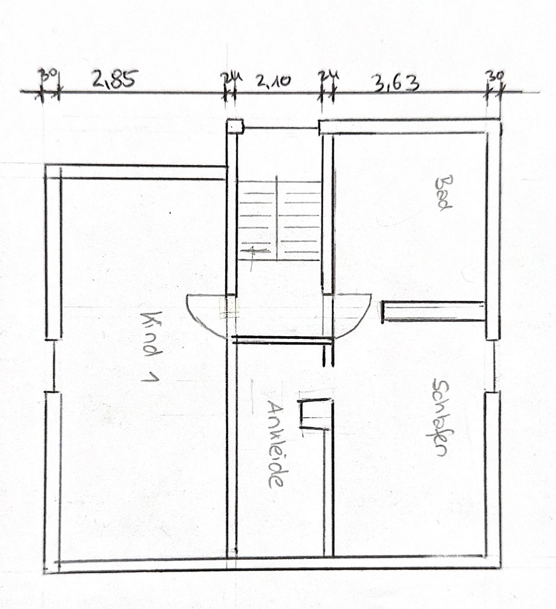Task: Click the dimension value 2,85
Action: (x=115, y=79)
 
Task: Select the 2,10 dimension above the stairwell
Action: (x=273, y=81)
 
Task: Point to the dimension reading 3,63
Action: (x=396, y=83)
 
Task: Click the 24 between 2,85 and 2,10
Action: (x=232, y=77)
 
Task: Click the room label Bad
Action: (x=443, y=193)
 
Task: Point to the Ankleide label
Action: (x=276, y=444)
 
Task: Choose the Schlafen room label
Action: (x=441, y=417)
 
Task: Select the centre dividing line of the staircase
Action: (x=277, y=218)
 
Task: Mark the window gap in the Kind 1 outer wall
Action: (x=54, y=365)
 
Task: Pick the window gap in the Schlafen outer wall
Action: (x=493, y=365)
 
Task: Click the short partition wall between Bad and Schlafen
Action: (x=433, y=311)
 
